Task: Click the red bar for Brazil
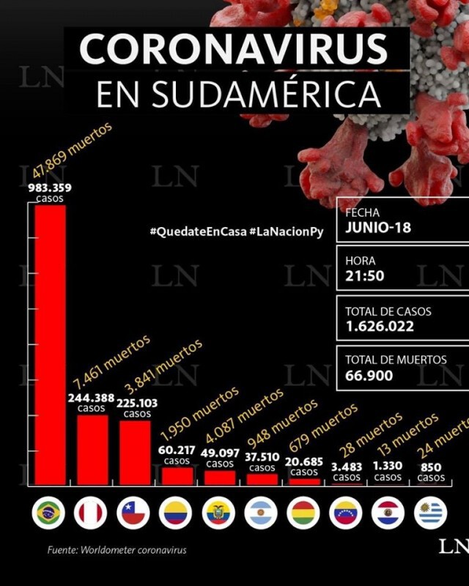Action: click(50, 345)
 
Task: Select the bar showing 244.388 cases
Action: click(92, 450)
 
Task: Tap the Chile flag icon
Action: click(133, 513)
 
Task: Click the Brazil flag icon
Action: click(48, 513)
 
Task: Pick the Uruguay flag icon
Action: click(430, 513)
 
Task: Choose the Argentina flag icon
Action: click(261, 513)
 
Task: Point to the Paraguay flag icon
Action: click(388, 513)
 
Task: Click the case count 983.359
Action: click(50, 188)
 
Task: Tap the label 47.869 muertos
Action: click(73, 149)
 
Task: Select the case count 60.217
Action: click(177, 450)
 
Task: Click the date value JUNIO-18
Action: click(378, 227)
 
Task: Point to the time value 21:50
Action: click(365, 276)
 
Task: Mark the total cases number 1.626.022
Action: click(380, 326)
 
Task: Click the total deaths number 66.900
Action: click(369, 375)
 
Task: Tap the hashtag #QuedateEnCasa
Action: click(198, 231)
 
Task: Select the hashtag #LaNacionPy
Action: click(287, 231)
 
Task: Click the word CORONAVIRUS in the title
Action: click(233, 49)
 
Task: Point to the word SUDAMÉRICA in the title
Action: click(267, 94)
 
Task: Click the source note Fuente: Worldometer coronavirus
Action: click(117, 550)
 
